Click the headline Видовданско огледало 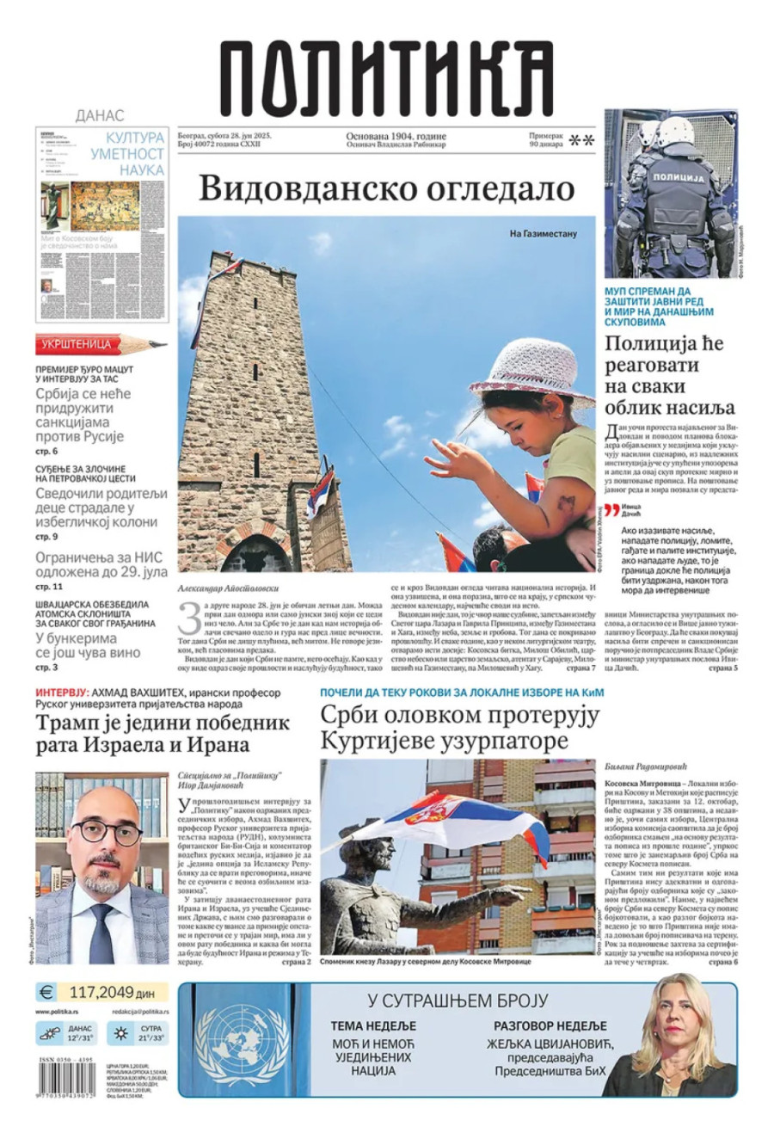pyautogui.click(x=386, y=188)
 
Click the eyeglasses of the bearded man pyautogui.click(x=107, y=833)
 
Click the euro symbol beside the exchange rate pyautogui.click(x=46, y=992)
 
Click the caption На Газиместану pyautogui.click(x=543, y=232)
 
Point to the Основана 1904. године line pyautogui.click(x=396, y=136)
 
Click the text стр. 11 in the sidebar pyautogui.click(x=47, y=585)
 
